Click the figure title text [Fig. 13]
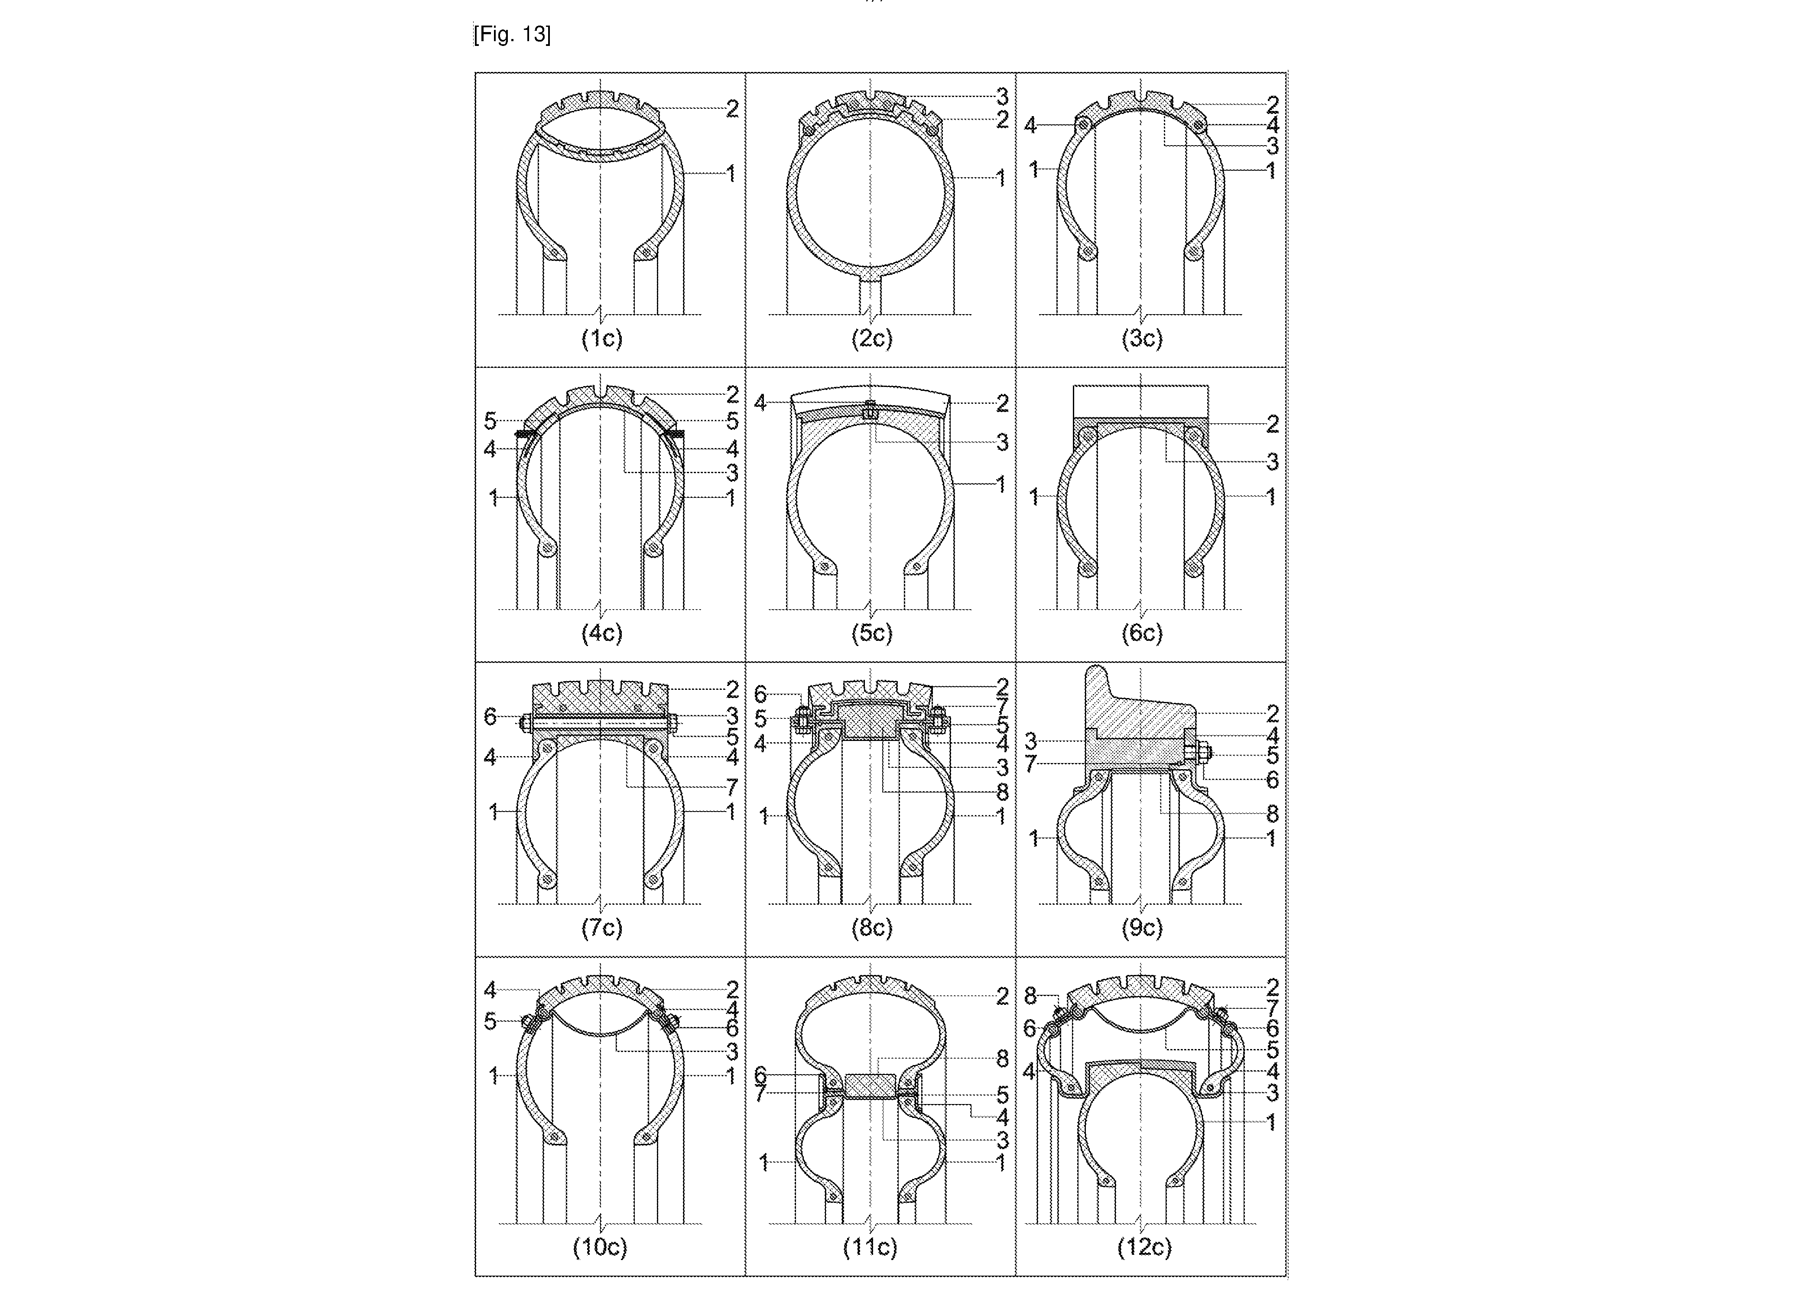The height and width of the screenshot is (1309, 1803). click(512, 35)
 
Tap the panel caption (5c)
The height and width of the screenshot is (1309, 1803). click(872, 633)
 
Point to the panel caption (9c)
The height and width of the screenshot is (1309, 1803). click(1142, 928)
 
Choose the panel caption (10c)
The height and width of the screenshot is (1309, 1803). click(600, 1247)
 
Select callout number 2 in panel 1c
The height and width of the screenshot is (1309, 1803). click(732, 109)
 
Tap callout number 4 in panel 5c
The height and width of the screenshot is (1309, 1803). click(760, 403)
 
